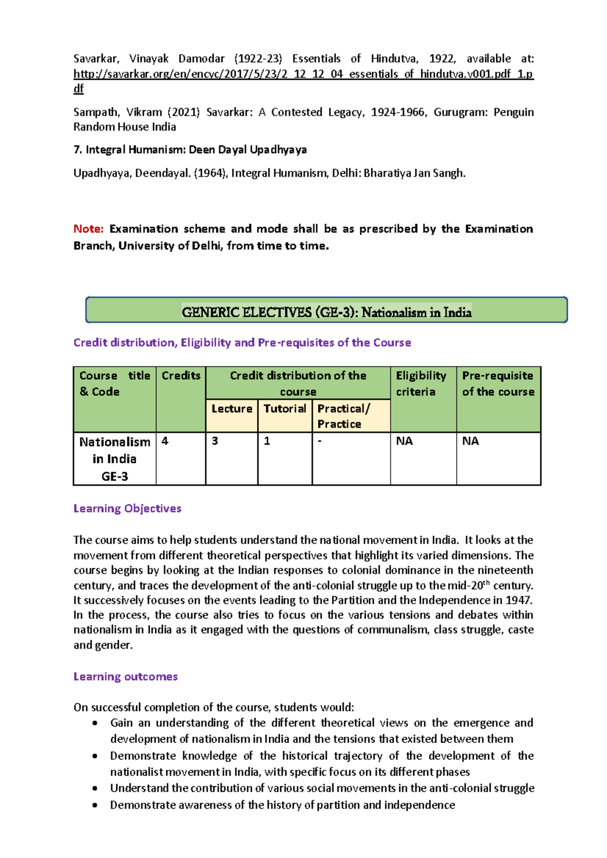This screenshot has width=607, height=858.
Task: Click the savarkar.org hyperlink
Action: (x=303, y=74)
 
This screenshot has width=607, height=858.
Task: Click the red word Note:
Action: (x=89, y=229)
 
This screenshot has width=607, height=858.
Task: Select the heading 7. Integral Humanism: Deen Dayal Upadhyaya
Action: (x=190, y=150)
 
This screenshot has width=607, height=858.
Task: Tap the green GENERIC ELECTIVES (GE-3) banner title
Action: (x=326, y=312)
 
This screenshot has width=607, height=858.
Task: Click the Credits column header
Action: (x=181, y=376)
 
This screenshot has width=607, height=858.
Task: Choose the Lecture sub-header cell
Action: (x=232, y=409)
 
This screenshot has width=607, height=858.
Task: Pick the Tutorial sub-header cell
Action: (x=285, y=409)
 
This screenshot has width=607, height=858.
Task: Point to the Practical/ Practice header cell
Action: (x=344, y=416)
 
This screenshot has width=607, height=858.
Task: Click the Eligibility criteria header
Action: (x=421, y=384)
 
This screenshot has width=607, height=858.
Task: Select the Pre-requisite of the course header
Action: (x=498, y=384)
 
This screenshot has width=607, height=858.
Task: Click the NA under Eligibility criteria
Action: (x=404, y=441)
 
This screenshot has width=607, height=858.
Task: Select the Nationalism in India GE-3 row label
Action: (x=115, y=459)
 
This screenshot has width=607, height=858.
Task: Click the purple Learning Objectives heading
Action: (x=127, y=508)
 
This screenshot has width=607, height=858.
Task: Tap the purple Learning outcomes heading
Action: (x=125, y=677)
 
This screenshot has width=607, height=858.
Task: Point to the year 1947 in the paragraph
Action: (x=518, y=600)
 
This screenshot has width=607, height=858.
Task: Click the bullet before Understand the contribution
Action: (x=95, y=788)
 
